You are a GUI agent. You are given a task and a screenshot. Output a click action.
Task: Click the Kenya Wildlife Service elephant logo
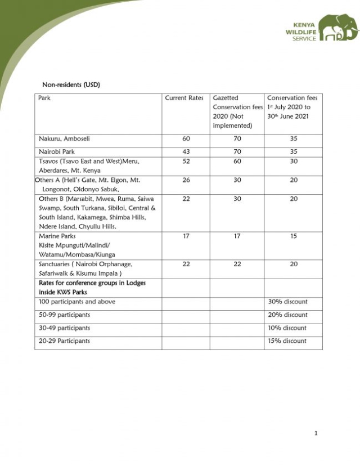pyautogui.click(x=338, y=28)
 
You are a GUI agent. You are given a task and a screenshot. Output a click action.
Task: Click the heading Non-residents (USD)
pyautogui.click(x=71, y=85)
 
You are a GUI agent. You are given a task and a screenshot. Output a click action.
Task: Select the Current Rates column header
pyautogui.click(x=184, y=98)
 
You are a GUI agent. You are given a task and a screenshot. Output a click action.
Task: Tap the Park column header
pyautogui.click(x=44, y=98)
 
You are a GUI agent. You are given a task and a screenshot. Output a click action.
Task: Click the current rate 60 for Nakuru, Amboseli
pyautogui.click(x=186, y=139)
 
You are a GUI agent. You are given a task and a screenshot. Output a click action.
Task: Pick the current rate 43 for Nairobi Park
pyautogui.click(x=186, y=152)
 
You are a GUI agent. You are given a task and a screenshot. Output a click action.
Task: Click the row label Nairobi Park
pyautogui.click(x=57, y=152)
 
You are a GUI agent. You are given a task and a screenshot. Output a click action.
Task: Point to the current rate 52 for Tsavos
pyautogui.click(x=186, y=162)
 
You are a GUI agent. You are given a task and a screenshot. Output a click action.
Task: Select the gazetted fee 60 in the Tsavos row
pyautogui.click(x=237, y=162)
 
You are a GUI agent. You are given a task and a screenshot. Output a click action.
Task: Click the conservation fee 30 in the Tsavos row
pyautogui.click(x=294, y=162)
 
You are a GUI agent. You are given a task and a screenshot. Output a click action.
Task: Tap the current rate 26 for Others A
pyautogui.click(x=186, y=181)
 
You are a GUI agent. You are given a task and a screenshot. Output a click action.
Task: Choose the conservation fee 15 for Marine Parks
pyautogui.click(x=294, y=236)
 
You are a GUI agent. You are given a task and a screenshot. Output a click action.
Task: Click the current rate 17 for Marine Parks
pyautogui.click(x=186, y=236)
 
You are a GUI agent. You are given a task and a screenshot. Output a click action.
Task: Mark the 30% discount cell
pyautogui.click(x=287, y=302)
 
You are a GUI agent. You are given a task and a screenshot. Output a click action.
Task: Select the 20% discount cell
pyautogui.click(x=287, y=315)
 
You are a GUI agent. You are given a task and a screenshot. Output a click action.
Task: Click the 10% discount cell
pyautogui.click(x=287, y=328)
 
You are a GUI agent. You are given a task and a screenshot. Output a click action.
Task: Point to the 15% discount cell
pyautogui.click(x=287, y=341)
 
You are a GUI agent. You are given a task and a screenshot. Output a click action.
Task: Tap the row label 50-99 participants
pyautogui.click(x=64, y=315)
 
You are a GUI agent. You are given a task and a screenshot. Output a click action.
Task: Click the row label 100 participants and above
pyautogui.click(x=77, y=302)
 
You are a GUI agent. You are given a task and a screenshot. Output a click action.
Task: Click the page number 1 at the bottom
pyautogui.click(x=316, y=433)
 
